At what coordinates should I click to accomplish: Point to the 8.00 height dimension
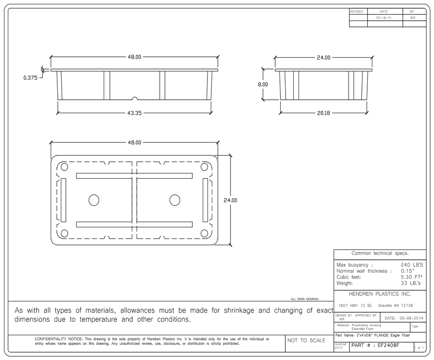[x=263, y=85]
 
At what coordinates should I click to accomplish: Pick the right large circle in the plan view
[x=174, y=200]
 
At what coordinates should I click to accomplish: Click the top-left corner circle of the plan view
[x=64, y=167]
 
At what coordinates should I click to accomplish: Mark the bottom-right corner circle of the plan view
[x=204, y=233]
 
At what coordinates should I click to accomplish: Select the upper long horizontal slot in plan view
[x=134, y=176]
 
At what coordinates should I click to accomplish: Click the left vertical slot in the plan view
[x=63, y=200]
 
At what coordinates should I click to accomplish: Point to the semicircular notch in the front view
[x=135, y=99]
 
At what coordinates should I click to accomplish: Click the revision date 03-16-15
[x=384, y=18]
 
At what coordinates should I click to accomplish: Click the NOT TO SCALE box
[x=306, y=340]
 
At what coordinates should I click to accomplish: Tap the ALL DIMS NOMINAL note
[x=305, y=299]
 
